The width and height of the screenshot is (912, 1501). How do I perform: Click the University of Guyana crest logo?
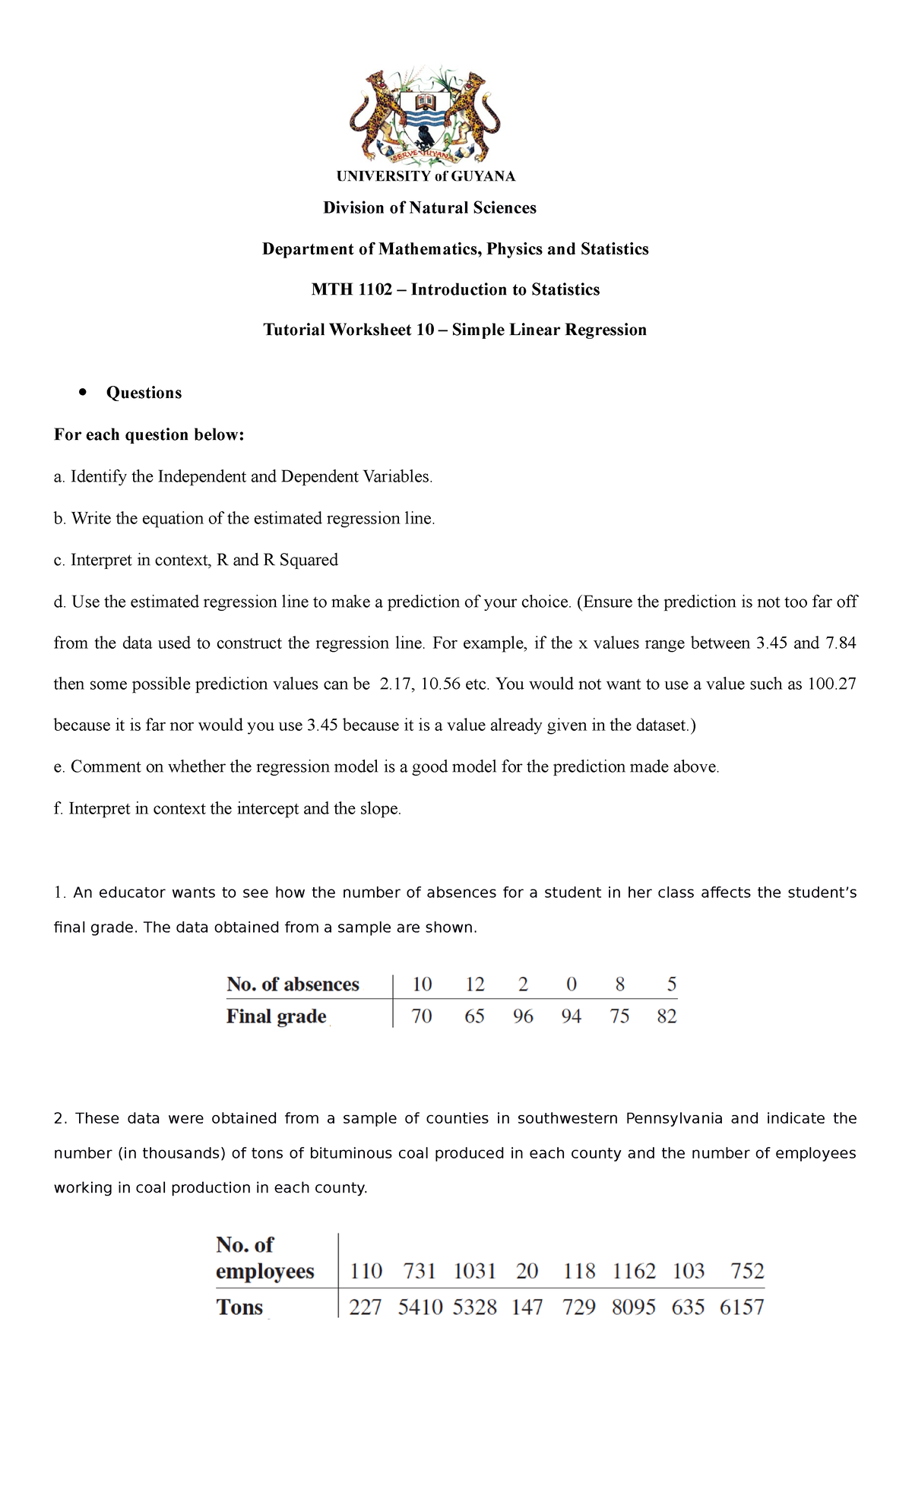425,116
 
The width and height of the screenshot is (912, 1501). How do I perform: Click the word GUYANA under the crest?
483,176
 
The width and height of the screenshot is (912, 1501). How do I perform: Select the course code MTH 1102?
352,289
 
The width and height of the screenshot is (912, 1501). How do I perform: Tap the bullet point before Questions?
81,392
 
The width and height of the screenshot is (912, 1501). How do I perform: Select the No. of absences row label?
293,984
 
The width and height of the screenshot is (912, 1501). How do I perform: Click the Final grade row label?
277,1016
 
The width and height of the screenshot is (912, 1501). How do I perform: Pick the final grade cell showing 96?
523,1016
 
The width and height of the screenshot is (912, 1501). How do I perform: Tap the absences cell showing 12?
474,984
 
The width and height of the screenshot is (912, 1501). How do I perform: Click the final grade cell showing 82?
667,1016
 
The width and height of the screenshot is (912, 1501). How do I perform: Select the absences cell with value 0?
572,984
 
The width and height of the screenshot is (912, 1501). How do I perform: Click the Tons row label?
239,1307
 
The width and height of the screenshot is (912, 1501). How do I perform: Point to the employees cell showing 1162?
634,1271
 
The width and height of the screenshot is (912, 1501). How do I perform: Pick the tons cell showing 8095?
634,1307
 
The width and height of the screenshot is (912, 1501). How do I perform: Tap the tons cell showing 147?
527,1307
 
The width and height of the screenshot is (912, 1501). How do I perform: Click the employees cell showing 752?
747,1271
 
